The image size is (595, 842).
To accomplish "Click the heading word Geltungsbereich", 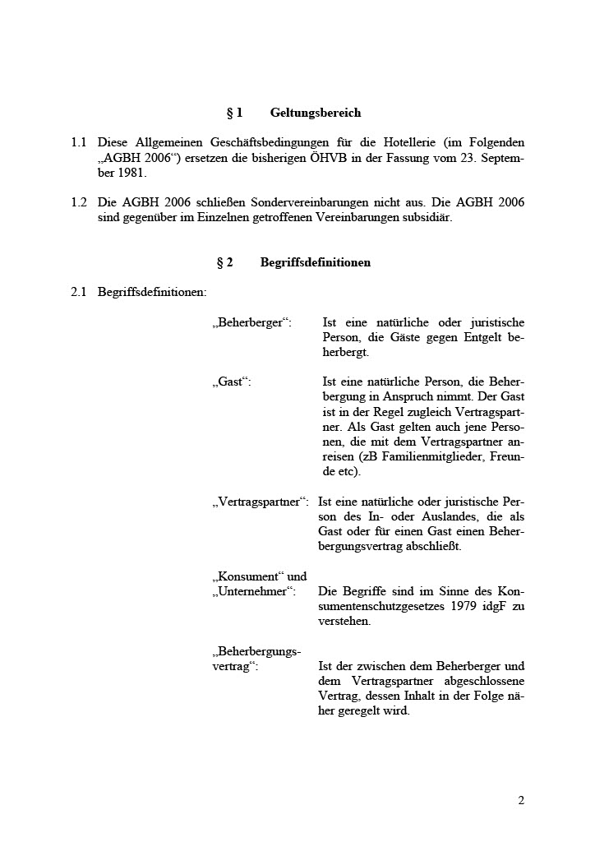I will point(315,113).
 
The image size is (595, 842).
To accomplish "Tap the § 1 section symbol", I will point(234,113).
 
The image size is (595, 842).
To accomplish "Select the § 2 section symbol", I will point(224,263).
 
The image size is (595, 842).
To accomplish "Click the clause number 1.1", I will point(79,143).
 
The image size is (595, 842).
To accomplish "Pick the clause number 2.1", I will point(79,292).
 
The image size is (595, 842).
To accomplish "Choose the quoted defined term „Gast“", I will point(232,382).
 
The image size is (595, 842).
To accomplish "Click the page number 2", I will point(521,800).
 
